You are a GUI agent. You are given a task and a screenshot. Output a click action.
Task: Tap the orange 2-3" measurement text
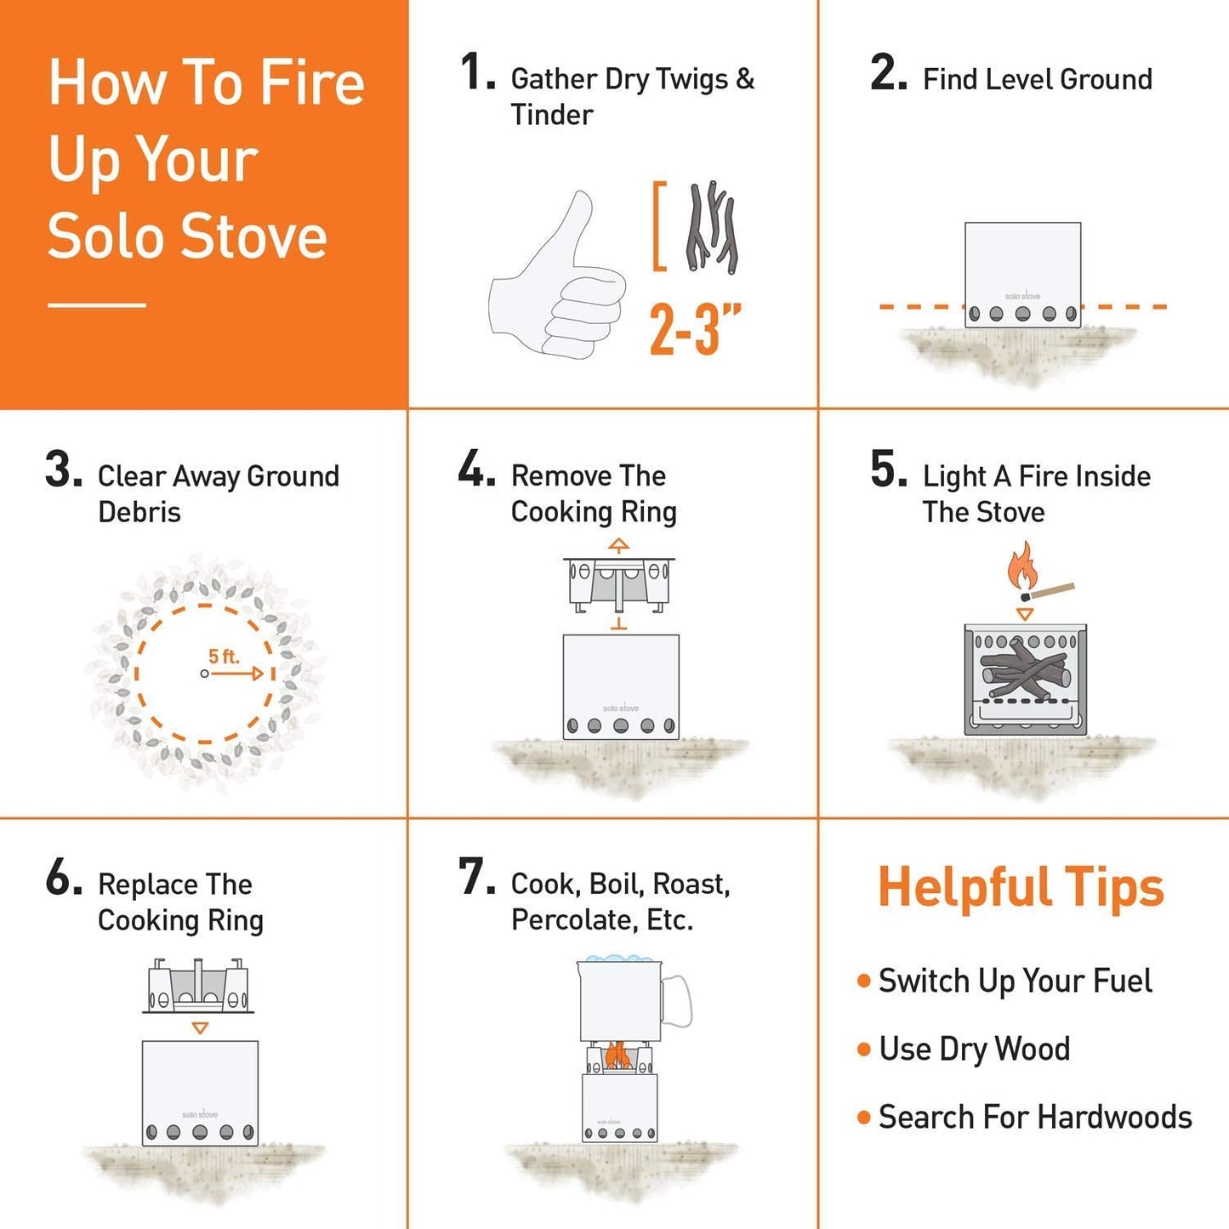coord(695,329)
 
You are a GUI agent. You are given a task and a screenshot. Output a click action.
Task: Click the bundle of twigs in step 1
coord(712,228)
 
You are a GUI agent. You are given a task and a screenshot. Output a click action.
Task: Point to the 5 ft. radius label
coord(224,657)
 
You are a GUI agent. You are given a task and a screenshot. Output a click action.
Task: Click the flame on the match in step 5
coord(1021,566)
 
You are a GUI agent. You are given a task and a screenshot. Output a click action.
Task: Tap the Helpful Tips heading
coord(1021,887)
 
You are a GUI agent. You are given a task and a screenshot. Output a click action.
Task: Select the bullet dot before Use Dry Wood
coord(864,1050)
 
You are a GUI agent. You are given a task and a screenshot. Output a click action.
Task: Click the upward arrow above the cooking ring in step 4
coord(619,545)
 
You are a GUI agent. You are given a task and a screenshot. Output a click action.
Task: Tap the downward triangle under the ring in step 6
coord(200,1028)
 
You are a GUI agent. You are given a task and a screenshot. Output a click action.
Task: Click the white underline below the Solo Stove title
coord(97,304)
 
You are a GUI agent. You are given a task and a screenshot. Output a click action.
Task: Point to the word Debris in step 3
coord(139,512)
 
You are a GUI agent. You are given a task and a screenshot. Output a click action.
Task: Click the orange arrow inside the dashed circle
coord(238,674)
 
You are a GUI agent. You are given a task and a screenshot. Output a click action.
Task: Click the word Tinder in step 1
coord(552,115)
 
